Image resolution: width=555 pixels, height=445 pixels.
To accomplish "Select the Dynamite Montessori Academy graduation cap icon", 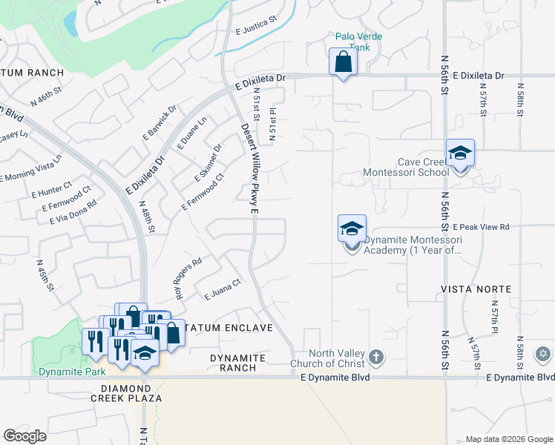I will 352,228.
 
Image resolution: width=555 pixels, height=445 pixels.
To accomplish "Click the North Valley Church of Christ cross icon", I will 376,357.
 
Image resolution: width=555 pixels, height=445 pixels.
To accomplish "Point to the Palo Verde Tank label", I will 352,41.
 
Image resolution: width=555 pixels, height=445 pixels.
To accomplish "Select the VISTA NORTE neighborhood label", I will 476,289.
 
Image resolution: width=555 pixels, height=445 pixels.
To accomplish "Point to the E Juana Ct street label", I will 223,290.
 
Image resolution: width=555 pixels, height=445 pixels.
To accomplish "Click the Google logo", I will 24,436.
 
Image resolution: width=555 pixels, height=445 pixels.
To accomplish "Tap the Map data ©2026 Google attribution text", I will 508,439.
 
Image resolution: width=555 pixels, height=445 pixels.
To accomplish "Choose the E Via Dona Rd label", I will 73,212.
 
